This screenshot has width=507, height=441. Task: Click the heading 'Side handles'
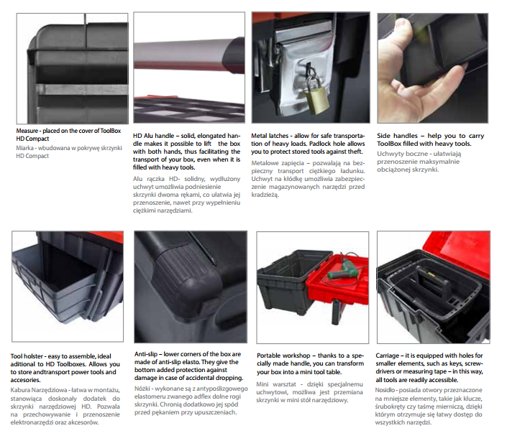[x=397, y=136]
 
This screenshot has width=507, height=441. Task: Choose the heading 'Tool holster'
[x=27, y=356]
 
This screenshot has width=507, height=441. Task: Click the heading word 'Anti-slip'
[x=146, y=354]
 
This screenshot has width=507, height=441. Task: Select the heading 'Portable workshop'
[x=283, y=356]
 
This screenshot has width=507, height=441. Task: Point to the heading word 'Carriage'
[x=388, y=356]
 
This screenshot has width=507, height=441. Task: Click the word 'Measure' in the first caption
[x=27, y=131]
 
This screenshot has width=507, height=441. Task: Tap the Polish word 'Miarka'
[x=25, y=148]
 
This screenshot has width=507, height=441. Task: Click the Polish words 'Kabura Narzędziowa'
[x=39, y=390]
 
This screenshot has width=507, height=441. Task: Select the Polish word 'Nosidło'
[x=385, y=390]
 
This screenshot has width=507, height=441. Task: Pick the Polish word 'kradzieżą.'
[x=265, y=195]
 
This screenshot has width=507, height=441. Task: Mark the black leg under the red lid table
[x=336, y=312]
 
